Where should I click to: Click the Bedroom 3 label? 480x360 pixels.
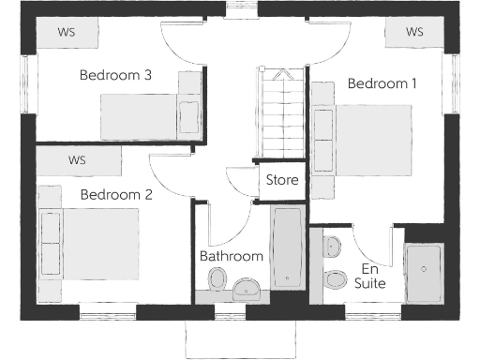point(115,75)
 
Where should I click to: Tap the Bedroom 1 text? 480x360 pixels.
point(382,83)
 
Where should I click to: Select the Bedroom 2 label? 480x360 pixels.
point(115,195)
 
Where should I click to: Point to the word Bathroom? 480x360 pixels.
point(231,256)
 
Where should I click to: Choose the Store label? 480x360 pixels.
point(282,180)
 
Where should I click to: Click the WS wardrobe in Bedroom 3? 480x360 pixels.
point(67,32)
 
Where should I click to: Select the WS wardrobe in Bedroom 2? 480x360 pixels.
point(77,160)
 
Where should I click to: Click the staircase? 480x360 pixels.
point(282,117)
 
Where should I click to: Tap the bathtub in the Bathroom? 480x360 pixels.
point(288,249)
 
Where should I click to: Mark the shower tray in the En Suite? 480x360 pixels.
point(425,272)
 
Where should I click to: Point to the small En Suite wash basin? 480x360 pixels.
point(331,247)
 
